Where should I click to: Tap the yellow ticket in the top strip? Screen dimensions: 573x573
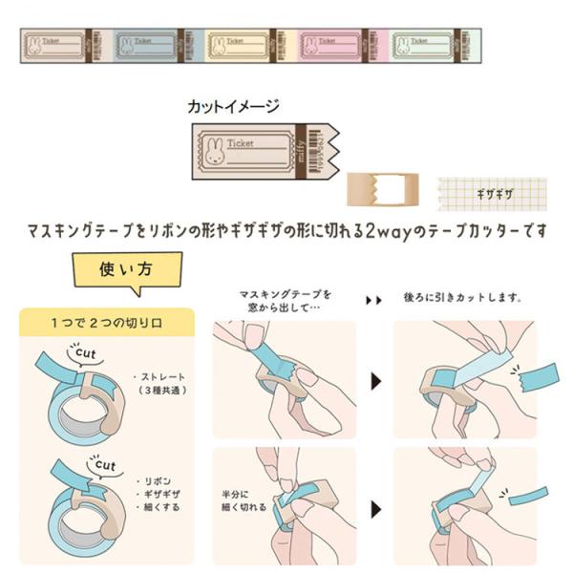[x=240, y=44]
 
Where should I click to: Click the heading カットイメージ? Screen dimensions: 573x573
[x=234, y=107]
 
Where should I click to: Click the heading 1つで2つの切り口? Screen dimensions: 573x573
[x=106, y=323]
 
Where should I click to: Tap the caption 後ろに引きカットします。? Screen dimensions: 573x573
[x=466, y=298]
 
